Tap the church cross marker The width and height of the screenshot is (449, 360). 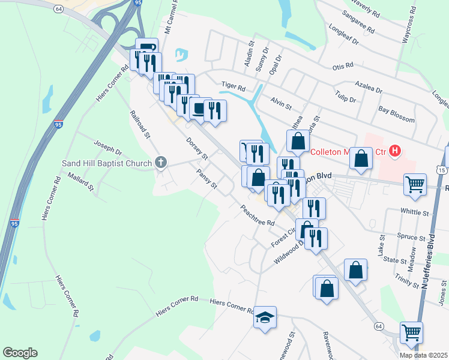[x=160, y=162]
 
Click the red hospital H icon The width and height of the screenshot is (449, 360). [x=394, y=151]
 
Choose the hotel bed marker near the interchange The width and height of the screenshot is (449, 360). [x=146, y=49]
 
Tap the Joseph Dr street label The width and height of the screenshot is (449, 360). [x=107, y=148]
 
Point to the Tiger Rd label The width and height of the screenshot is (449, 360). [x=234, y=86]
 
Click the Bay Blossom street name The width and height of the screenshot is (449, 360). [x=397, y=110]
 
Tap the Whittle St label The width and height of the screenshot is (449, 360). [x=415, y=212]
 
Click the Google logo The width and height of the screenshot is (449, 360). [x=19, y=352]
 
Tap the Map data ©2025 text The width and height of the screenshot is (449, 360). [x=423, y=355]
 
